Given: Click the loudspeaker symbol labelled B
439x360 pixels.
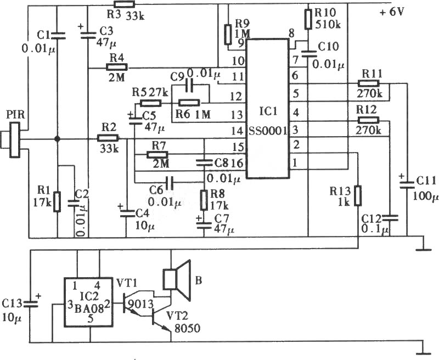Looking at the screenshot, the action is pyautogui.click(x=176, y=280).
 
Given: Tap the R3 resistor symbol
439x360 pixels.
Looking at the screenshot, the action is pyautogui.click(x=125, y=4).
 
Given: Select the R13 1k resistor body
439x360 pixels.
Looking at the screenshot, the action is pyautogui.click(x=358, y=196).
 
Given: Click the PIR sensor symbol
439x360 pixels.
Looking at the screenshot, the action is pyautogui.click(x=12, y=140).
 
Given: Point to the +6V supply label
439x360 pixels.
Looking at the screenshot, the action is pyautogui.click(x=392, y=12).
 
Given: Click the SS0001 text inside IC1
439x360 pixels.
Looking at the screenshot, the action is pyautogui.click(x=268, y=131).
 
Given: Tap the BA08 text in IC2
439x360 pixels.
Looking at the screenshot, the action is pyautogui.click(x=89, y=308).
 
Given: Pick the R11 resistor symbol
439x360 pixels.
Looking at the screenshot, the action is pyautogui.click(x=368, y=83).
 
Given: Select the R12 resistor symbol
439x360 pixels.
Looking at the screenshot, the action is pyautogui.click(x=368, y=121).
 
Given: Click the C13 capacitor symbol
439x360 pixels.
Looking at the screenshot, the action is pyautogui.click(x=31, y=304).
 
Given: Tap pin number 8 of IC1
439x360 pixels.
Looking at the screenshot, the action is pyautogui.click(x=291, y=34).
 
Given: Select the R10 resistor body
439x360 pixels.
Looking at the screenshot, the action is pyautogui.click(x=308, y=19).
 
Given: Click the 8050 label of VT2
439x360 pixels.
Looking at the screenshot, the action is pyautogui.click(x=187, y=328).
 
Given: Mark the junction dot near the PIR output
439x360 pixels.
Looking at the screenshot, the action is pyautogui.click(x=57, y=139).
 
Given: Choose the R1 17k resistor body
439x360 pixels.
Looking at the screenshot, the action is pyautogui.click(x=57, y=201).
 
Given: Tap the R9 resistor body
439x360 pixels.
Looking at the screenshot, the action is pyautogui.click(x=228, y=35).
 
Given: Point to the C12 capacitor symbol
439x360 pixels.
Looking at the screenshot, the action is pyautogui.click(x=390, y=217).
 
